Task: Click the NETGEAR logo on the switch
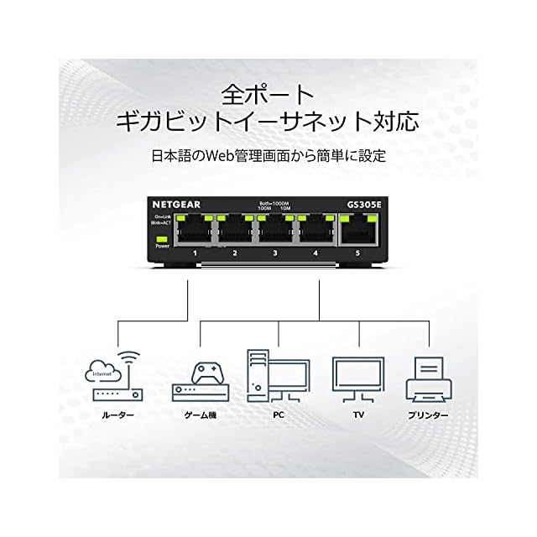pos(175,204)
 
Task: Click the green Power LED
pos(162,239)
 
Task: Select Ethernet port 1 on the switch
pos(195,231)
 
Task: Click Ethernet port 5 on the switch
pos(359,230)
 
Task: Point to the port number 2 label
pos(235,253)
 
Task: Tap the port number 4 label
pos(315,253)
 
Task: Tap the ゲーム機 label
pos(199,415)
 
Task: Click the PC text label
pos(277,415)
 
